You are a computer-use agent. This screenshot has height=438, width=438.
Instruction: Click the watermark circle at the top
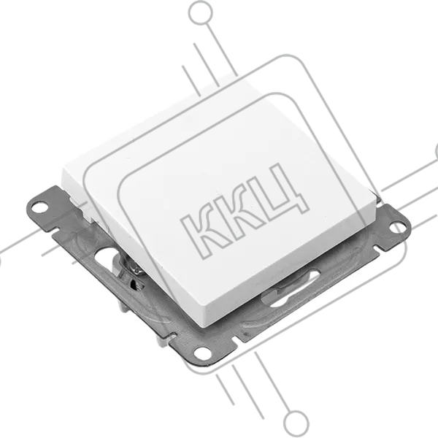[x=201, y=13]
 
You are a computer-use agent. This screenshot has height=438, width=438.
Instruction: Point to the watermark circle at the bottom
[x=296, y=423]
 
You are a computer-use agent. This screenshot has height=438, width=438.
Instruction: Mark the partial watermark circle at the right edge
[x=437, y=153]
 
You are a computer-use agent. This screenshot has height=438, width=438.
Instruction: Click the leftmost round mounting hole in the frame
[x=39, y=208]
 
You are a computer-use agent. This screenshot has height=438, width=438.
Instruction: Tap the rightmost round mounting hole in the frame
[x=397, y=227]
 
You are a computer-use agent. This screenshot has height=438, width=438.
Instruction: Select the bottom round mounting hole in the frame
[x=203, y=353]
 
